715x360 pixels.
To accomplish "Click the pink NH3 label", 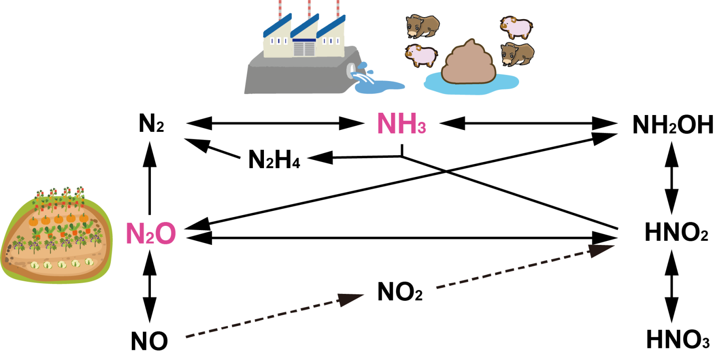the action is (x=402, y=123).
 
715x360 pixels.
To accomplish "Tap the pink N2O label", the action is (x=151, y=233).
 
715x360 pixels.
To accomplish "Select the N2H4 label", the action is (x=274, y=159).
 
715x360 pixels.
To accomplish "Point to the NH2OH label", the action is (x=673, y=125).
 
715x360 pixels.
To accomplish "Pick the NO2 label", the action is (x=400, y=292).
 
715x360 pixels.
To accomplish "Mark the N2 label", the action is (x=151, y=123).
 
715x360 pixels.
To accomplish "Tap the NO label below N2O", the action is (x=149, y=341).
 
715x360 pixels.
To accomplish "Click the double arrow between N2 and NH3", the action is (x=275, y=123).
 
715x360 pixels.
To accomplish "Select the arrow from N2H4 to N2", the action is (x=212, y=148).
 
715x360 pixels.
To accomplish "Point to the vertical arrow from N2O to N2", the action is (x=150, y=178).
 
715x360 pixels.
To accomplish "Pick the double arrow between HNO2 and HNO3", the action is (x=672, y=286).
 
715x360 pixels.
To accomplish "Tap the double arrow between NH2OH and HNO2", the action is (x=672, y=178).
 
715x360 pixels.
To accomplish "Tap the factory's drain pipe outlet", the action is (x=351, y=69).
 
